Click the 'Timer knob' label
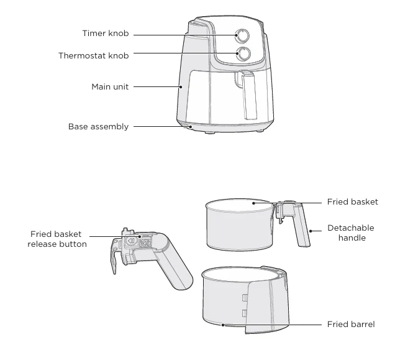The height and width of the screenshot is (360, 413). pyautogui.click(x=106, y=34)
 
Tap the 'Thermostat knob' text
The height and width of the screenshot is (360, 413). pyautogui.click(x=94, y=56)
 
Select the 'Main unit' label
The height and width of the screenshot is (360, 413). pyautogui.click(x=110, y=87)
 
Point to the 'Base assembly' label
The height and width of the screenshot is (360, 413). pyautogui.click(x=98, y=127)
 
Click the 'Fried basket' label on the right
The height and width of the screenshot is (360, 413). pyautogui.click(x=352, y=202)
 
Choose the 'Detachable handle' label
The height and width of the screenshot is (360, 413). pyautogui.click(x=351, y=233)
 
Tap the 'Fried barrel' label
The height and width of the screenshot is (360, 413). pyautogui.click(x=351, y=325)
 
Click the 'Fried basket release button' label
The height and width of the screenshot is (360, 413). pyautogui.click(x=57, y=239)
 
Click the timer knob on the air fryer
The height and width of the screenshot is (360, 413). pyautogui.click(x=242, y=36)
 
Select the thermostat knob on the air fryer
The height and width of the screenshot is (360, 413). pyautogui.click(x=243, y=53)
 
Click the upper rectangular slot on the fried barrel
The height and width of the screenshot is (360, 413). pyautogui.click(x=245, y=297)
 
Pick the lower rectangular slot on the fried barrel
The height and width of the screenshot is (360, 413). pyautogui.click(x=245, y=313)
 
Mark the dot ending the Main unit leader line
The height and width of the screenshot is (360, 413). pyautogui.click(x=181, y=87)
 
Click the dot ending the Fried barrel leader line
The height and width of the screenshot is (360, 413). pyautogui.click(x=223, y=325)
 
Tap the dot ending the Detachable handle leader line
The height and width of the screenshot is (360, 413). pyautogui.click(x=311, y=231)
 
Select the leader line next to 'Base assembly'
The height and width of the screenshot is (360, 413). pyautogui.click(x=162, y=127)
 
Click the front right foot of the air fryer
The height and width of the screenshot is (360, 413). pyautogui.click(x=260, y=131)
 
